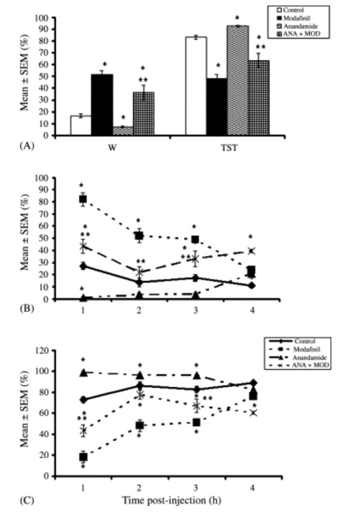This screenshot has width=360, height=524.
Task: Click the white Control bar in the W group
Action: pos(80,126)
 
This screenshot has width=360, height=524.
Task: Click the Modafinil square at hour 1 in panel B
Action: pos(83,199)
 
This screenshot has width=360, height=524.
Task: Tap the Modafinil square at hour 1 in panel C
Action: pos(83,457)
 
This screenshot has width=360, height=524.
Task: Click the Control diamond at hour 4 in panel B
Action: pos(251,286)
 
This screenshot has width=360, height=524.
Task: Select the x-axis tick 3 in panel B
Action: pos(195,308)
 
